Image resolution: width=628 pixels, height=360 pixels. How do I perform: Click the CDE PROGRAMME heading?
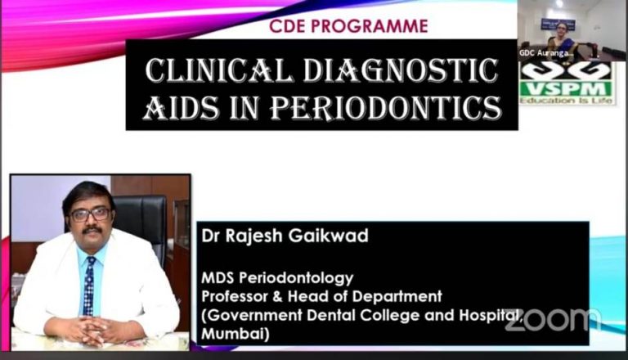click(x=348, y=26)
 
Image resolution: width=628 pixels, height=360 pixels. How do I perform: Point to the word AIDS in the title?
click(x=177, y=106)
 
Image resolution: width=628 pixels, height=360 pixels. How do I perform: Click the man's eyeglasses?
click(x=90, y=215)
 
